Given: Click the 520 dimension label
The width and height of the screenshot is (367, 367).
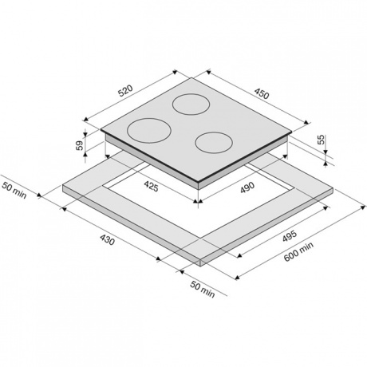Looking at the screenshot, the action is click(125, 91).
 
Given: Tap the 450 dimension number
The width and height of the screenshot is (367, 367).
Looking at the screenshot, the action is click(262, 93).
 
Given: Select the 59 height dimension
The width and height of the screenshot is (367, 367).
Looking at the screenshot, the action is click(80, 145).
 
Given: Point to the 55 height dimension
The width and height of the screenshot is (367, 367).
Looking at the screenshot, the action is click(322, 140).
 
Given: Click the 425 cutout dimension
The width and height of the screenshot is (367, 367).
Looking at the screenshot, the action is click(151, 186).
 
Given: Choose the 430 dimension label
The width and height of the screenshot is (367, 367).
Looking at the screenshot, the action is click(108, 239).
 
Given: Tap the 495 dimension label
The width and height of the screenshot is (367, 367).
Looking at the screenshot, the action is click(289, 237).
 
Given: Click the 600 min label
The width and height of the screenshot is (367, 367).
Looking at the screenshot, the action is click(298, 251).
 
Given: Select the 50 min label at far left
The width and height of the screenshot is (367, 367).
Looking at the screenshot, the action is click(14, 191).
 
